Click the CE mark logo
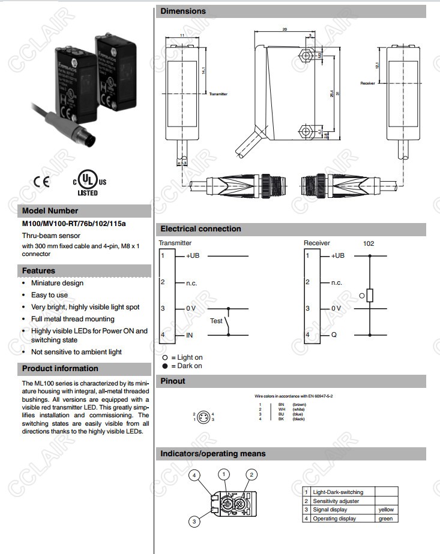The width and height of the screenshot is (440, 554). click(41, 181)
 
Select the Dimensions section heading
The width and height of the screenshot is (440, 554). click(183, 11)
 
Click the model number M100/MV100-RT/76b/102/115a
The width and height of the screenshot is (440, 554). click(74, 224)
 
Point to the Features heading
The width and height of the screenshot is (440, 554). click(38, 271)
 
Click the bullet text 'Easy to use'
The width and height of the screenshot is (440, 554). click(49, 295)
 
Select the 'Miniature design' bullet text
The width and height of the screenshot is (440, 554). click(57, 283)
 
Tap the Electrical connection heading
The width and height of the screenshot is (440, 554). click(200, 229)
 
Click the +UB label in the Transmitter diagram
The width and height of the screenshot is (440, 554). click(193, 256)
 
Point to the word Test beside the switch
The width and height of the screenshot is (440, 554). click(216, 321)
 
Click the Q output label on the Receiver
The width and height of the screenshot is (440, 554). click(334, 335)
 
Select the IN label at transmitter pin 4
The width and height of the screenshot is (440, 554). click(189, 335)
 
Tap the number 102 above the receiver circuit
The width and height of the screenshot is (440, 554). click(369, 243)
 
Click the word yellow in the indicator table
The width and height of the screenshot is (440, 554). click(385, 510)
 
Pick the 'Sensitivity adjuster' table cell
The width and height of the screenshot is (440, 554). click(336, 501)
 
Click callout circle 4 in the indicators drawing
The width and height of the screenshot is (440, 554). click(194, 475)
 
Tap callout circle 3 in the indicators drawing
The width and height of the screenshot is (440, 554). click(194, 522)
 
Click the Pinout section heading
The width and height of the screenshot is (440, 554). click(173, 381)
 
